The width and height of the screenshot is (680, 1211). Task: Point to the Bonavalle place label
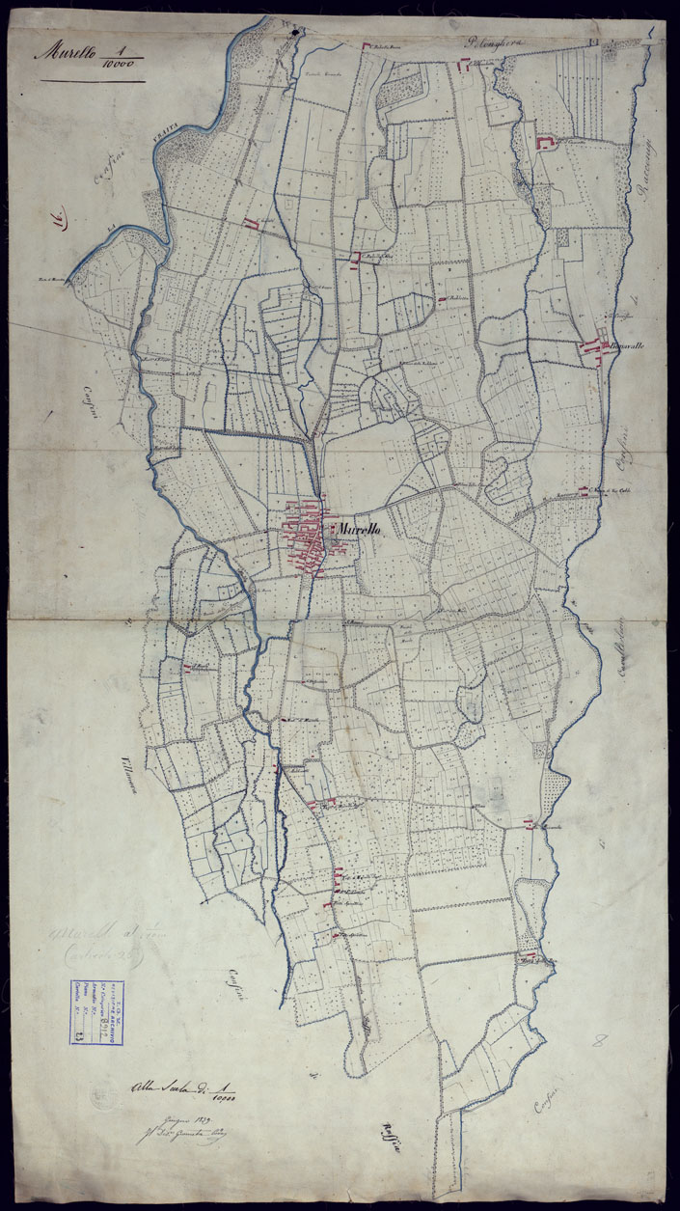tap(625, 345)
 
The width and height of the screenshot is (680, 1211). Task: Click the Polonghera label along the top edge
tap(500, 41)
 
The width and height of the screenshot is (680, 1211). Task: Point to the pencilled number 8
tap(601, 1041)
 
